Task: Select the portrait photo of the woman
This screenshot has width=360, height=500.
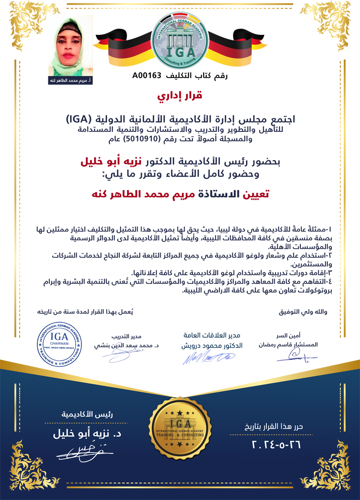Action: pyautogui.click(x=71, y=47)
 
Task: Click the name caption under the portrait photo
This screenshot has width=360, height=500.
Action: pyautogui.click(x=71, y=81)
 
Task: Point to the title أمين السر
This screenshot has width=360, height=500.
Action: pyautogui.click(x=296, y=336)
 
